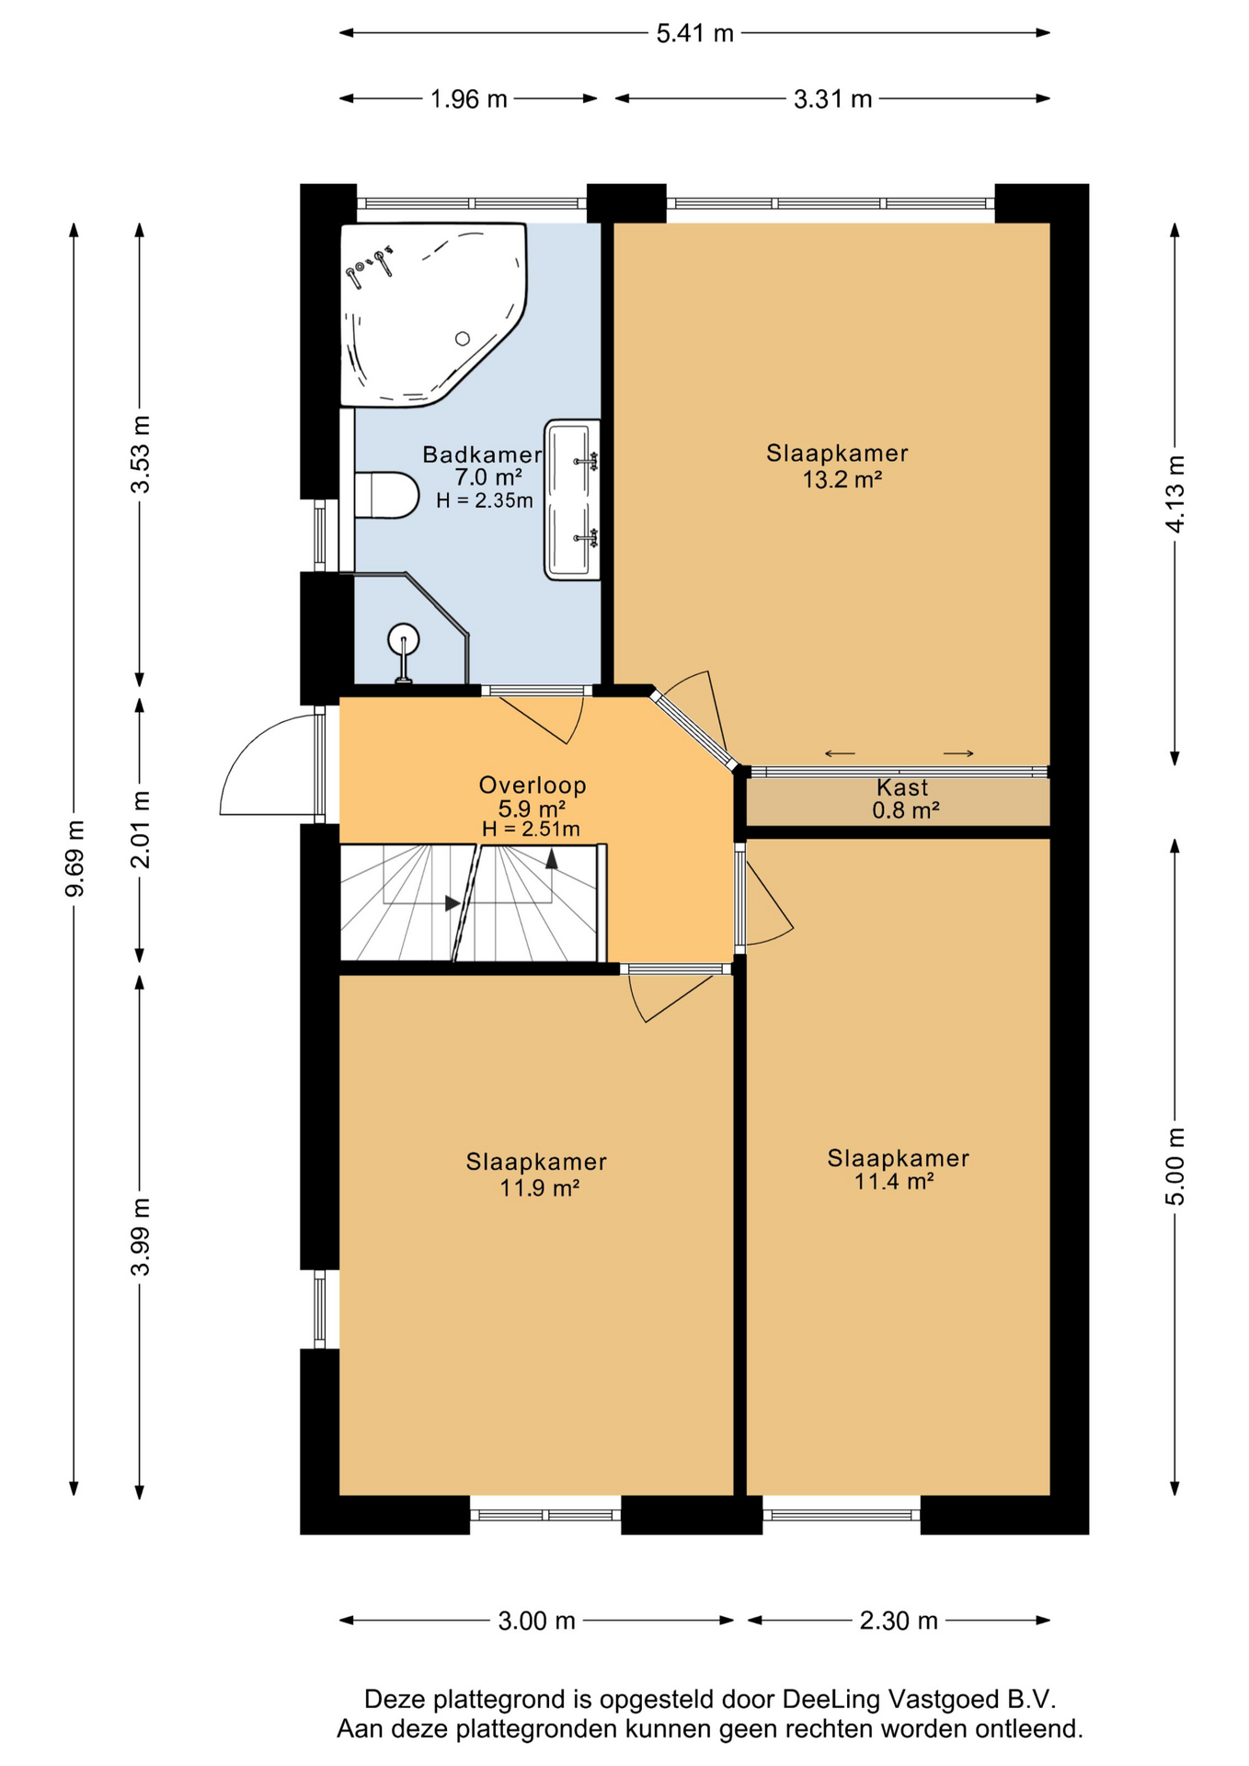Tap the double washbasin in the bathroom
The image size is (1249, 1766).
tap(572, 499)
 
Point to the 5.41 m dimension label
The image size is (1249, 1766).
tap(695, 34)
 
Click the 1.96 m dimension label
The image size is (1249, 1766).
tap(469, 99)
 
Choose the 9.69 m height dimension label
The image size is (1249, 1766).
tap(74, 857)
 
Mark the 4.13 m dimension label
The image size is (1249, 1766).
tap(1175, 494)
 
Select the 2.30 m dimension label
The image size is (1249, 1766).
tap(899, 1621)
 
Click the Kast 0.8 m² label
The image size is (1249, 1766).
tap(904, 798)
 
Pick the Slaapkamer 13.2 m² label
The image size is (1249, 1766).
tap(838, 465)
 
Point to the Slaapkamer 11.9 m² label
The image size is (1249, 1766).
tap(537, 1174)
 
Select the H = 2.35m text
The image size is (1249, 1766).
tap(485, 501)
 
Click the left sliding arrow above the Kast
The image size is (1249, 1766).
tap(840, 754)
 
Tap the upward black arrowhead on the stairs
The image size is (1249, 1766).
tap(552, 859)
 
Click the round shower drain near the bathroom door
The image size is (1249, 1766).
tap(404, 638)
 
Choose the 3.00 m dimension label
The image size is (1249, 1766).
tap(537, 1621)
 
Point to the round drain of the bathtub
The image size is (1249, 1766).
tap(463, 338)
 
